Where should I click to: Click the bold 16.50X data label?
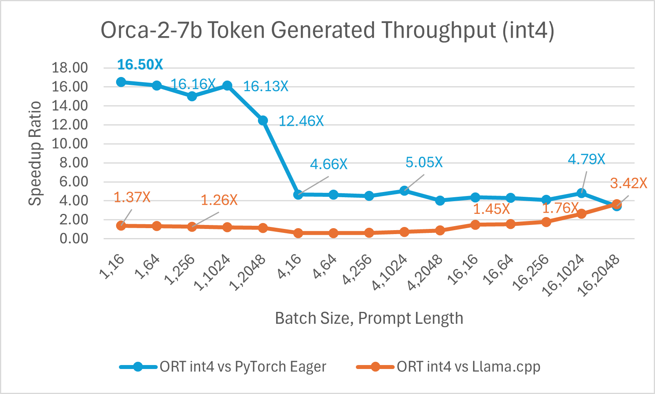(x=140, y=64)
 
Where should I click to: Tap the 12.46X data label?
(x=301, y=121)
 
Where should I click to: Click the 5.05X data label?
(x=424, y=162)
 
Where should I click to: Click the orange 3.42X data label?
(x=628, y=183)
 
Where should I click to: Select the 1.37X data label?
(x=132, y=197)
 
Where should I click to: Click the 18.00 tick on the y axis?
(x=70, y=68)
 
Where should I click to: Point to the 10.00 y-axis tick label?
(x=70, y=144)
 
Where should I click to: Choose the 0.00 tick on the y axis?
(x=74, y=239)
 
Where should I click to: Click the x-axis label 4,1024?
(x=391, y=273)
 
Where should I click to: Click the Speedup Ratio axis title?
(x=36, y=153)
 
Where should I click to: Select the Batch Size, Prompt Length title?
(x=369, y=318)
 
